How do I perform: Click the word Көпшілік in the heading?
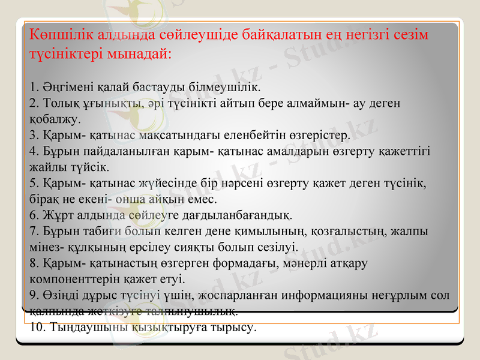pos(57,34)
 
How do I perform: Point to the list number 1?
pos(32,90)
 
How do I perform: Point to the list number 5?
pos(32,182)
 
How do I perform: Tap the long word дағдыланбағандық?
pos(242,214)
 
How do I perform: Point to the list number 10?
pos(36,328)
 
